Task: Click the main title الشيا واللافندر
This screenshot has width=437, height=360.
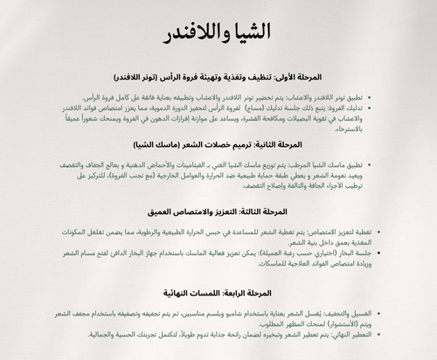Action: click(218, 36)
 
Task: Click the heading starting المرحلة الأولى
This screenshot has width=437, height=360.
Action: click(218, 77)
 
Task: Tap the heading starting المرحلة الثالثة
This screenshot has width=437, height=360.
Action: click(218, 211)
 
